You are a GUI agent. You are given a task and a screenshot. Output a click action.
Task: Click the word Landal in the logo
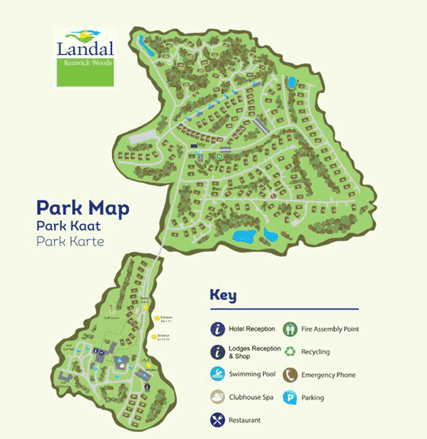(x=85, y=49)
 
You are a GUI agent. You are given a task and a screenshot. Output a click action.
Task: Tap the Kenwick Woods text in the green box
(x=91, y=62)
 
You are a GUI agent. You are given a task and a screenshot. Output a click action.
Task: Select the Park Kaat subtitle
(x=70, y=226)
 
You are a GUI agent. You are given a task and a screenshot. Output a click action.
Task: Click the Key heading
(x=223, y=296)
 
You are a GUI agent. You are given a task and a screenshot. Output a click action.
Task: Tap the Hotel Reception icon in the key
(x=217, y=329)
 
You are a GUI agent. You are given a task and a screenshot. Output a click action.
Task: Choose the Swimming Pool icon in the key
(x=217, y=375)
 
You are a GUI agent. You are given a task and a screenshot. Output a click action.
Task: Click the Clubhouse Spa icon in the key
(x=217, y=397)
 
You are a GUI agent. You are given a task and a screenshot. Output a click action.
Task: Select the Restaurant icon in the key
(x=217, y=420)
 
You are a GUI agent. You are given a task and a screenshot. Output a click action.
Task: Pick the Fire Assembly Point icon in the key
(x=291, y=329)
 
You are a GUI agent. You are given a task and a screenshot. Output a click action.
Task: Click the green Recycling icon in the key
(x=291, y=352)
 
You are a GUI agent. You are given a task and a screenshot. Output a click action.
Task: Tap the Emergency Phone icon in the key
(x=291, y=375)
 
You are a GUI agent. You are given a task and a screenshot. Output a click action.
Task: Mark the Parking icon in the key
(x=291, y=397)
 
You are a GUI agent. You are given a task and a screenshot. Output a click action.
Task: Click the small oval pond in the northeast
(x=291, y=82)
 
